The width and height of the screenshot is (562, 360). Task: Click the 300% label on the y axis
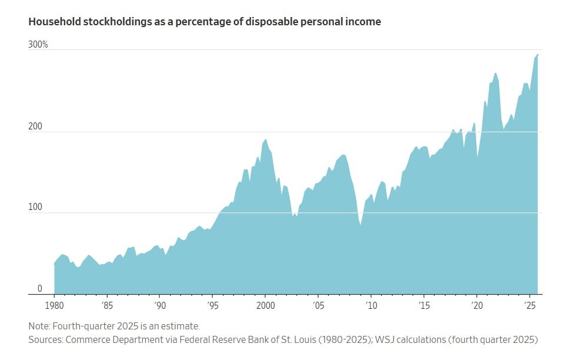click(38, 45)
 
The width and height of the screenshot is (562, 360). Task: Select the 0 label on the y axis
click(40, 288)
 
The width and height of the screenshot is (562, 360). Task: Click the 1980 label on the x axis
click(54, 306)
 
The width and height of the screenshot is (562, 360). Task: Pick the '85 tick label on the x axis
click(107, 306)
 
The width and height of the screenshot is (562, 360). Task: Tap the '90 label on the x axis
click(160, 306)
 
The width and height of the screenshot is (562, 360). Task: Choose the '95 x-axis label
click(213, 306)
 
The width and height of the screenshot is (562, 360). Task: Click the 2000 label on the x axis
click(265, 306)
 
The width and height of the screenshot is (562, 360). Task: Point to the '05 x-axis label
click(318, 306)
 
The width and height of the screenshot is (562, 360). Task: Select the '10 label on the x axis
click(371, 306)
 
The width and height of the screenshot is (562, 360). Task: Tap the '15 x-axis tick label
click(424, 306)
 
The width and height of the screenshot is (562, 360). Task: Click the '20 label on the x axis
click(477, 306)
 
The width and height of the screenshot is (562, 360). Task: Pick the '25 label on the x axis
click(529, 306)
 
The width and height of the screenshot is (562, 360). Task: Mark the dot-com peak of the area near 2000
click(266, 139)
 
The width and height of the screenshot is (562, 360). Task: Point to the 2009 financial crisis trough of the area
click(360, 225)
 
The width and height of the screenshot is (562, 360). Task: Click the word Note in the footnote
click(39, 325)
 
